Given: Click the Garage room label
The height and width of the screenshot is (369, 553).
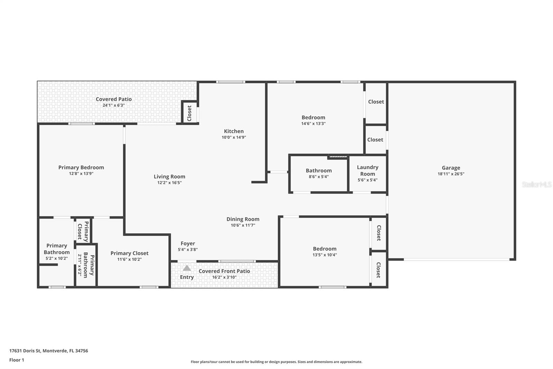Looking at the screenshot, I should point(451,168).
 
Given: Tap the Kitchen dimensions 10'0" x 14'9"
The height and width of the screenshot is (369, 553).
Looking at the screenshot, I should point(234,137).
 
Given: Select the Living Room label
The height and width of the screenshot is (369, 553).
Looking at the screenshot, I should point(169,177).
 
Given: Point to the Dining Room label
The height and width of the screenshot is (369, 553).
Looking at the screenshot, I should point(243,219).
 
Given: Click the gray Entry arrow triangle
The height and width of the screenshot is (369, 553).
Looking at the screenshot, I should point(187,268).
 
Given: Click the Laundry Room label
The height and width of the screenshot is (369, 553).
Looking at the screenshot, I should point(367,171).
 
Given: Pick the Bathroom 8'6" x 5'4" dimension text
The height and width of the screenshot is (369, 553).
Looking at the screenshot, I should point(319,177).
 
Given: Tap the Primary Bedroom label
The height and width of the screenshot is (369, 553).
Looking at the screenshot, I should point(81,168).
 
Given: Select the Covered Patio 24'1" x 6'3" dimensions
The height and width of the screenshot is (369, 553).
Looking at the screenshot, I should point(113,105).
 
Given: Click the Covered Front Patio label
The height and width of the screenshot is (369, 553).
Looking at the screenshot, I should point(224,271).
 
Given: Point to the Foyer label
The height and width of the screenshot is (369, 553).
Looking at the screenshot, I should point(188,244).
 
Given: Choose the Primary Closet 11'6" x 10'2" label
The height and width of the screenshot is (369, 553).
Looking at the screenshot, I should point(129,253).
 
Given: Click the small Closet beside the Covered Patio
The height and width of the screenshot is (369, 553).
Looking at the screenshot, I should point(189,113).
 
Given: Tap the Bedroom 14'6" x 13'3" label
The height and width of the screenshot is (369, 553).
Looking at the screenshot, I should point(313,118).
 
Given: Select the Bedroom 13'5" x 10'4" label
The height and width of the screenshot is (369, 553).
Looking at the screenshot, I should point(325,249).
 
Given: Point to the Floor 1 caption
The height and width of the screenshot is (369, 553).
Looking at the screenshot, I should point(17,360).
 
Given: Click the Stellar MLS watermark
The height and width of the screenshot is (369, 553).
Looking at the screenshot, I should point(536,184).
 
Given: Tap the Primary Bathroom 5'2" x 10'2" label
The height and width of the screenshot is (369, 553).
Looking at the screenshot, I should point(57,249).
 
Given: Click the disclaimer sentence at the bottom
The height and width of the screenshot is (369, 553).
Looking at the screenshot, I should point(276,362).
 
